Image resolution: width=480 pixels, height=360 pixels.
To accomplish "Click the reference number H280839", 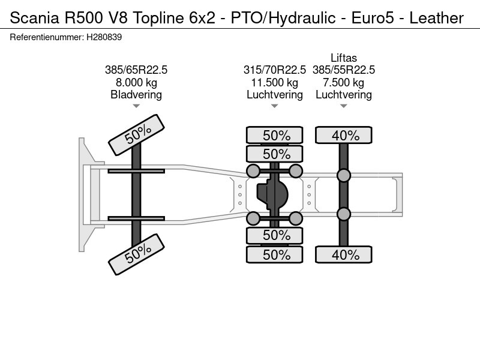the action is [104, 37].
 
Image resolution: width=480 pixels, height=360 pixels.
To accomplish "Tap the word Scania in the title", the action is [34, 18].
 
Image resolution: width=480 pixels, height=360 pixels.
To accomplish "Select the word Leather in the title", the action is [437, 18].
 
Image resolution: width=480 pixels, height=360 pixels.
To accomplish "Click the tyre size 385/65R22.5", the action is [136, 70].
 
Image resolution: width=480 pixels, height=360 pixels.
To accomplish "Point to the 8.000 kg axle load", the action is [136, 83].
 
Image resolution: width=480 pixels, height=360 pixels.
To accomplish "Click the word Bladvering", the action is [136, 95].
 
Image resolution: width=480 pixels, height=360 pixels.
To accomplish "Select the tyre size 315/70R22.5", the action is [275, 70].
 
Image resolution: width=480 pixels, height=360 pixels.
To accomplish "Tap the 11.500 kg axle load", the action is [275, 83].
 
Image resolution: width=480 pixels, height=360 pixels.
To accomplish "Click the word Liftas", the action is [344, 58].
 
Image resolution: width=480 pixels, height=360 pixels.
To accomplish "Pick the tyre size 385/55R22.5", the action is [344, 70].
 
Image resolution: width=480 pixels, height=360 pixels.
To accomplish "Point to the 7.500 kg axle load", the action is [344, 83].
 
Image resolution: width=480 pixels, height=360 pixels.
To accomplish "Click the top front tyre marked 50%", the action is [137, 135].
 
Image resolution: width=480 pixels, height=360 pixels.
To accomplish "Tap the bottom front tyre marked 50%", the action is [137, 254].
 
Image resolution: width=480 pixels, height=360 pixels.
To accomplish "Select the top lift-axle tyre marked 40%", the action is [344, 135].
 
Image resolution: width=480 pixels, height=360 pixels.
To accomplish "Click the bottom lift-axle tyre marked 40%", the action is [344, 254].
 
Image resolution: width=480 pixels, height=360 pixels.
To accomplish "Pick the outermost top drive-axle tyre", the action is [275, 135].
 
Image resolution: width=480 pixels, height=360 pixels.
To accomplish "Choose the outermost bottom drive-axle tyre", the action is [275, 254].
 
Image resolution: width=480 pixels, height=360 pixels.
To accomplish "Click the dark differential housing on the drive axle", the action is [272, 194].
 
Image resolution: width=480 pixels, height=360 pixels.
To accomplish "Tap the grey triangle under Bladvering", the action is [136, 106].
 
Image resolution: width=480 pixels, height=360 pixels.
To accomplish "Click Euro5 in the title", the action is [373, 18].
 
